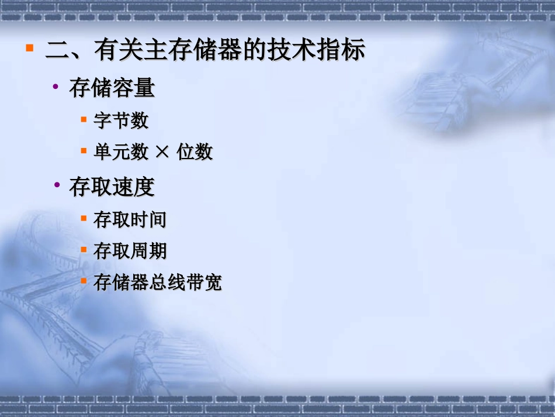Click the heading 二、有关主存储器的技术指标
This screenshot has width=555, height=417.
[x=205, y=51]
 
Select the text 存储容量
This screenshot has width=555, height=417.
[x=112, y=88]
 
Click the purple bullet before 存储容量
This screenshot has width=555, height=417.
[x=56, y=87]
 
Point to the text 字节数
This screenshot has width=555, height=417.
[x=121, y=121]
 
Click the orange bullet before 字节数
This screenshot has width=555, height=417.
[x=84, y=119]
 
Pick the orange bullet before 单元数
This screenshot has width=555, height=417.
[x=84, y=151]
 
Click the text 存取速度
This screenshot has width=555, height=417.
[x=112, y=187]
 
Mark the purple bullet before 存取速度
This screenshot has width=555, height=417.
[x=56, y=185]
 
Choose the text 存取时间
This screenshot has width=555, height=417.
[x=130, y=220]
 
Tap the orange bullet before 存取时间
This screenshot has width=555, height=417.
[x=84, y=218]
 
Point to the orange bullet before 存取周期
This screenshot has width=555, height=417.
[x=84, y=250]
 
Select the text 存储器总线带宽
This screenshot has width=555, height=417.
[x=158, y=284]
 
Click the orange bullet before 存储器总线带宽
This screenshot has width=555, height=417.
[x=84, y=281]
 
